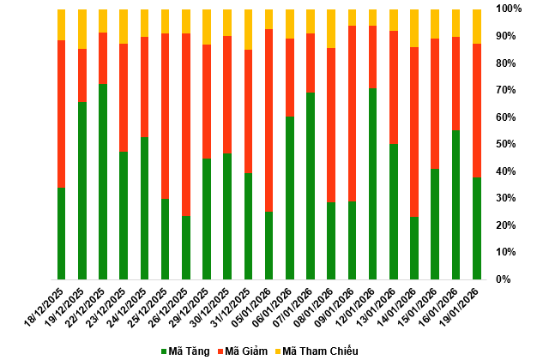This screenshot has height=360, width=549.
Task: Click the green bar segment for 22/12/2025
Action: pyautogui.click(x=103, y=181)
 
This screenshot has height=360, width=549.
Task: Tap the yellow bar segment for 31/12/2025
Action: pyautogui.click(x=248, y=30)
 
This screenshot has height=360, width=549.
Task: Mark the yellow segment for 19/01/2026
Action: pyautogui.click(x=476, y=27)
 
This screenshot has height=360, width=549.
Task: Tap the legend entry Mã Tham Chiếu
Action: pyautogui.click(x=315, y=351)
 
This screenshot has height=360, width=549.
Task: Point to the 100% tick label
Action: pyautogui.click(x=509, y=9)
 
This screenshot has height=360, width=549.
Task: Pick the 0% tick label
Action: pyautogui.click(x=506, y=279)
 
